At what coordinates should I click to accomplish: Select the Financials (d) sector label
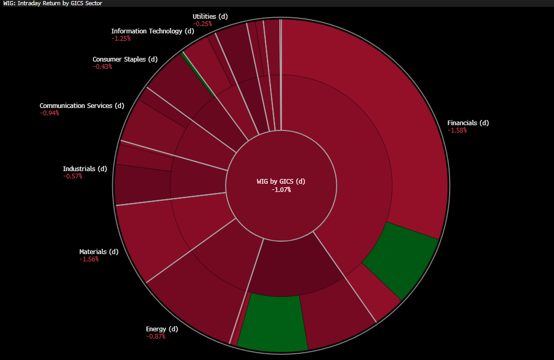pyautogui.click(x=468, y=123)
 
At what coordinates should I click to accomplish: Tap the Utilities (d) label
pyautogui.click(x=210, y=17)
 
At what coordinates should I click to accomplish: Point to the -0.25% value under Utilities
pyautogui.click(x=203, y=24)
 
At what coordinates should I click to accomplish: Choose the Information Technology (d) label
pyautogui.click(x=152, y=31)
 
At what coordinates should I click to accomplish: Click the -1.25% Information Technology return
pyautogui.click(x=121, y=39)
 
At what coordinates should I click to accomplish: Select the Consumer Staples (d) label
pyautogui.click(x=125, y=59)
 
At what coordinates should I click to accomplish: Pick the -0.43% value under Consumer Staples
pyautogui.click(x=102, y=67)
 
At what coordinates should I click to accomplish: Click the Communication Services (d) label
pyautogui.click(x=82, y=106)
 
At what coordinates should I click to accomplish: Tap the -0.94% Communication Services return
pyautogui.click(x=49, y=113)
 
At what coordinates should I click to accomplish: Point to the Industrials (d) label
pyautogui.click(x=85, y=169)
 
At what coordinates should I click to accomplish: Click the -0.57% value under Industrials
pyautogui.click(x=73, y=176)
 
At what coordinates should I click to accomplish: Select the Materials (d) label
pyautogui.click(x=99, y=252)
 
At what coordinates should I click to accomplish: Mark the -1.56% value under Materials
pyautogui.click(x=89, y=259)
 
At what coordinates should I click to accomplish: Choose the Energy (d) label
pyautogui.click(x=162, y=329)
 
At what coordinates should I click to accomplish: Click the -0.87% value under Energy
pyautogui.click(x=156, y=337)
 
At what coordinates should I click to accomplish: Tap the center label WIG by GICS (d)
pyautogui.click(x=281, y=182)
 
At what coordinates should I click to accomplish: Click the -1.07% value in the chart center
pyautogui.click(x=281, y=189)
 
